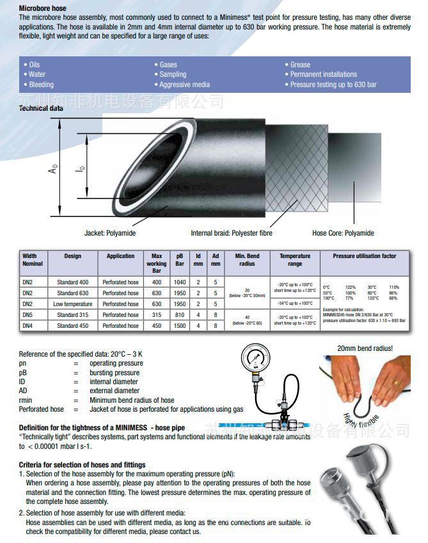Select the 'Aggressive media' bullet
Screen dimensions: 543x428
[x=184, y=85]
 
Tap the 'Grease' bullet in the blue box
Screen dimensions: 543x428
[x=300, y=65]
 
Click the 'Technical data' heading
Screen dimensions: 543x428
[x=41, y=108]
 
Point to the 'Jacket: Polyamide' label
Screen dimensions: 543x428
[x=110, y=233]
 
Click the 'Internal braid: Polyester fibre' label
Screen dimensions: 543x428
[x=231, y=233]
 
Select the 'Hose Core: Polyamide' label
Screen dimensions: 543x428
[x=343, y=233]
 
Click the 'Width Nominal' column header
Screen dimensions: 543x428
[x=33, y=260]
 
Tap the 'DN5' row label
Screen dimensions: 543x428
[x=28, y=314]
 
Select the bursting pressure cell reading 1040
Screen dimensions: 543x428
[x=180, y=282]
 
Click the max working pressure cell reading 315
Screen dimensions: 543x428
[x=156, y=314]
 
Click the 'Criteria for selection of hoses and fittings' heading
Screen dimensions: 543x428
[x=82, y=465]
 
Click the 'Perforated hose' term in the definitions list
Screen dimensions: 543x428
[x=41, y=409]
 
